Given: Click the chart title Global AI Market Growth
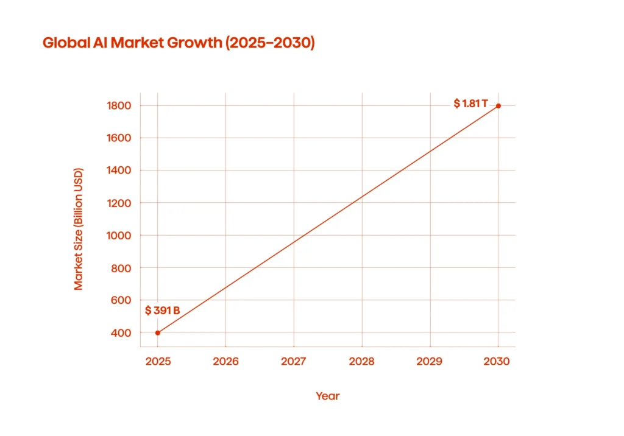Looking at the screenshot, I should coord(179,44).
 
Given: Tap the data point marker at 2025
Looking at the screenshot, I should coord(158,332).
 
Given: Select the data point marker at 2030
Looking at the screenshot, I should coord(498,106).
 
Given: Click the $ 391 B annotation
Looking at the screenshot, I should coord(163,311).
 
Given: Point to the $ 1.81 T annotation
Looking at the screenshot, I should coord(470,104).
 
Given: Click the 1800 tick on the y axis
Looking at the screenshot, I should coord(119,106).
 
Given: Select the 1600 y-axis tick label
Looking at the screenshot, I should coord(119,138).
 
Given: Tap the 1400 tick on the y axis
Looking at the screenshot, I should coord(119,171).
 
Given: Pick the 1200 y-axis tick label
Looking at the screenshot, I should coord(119,203).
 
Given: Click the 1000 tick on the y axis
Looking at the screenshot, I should coord(119,236).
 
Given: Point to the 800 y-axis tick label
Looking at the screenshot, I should coord(122,268).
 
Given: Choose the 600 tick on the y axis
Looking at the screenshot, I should coord(122,300).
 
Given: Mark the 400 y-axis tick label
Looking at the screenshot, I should coord(122,332).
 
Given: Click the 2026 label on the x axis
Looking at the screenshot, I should coord(225,361).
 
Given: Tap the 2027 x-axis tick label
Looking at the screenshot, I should coord(294,361).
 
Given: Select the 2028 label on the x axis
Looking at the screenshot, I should coord(362,361).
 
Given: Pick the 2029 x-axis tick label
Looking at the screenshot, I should coord(430,361).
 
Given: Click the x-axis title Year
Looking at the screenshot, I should coord(328,396).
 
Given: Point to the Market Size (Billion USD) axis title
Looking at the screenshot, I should coord(79,229).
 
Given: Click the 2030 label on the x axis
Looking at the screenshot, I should coord(498,361).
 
